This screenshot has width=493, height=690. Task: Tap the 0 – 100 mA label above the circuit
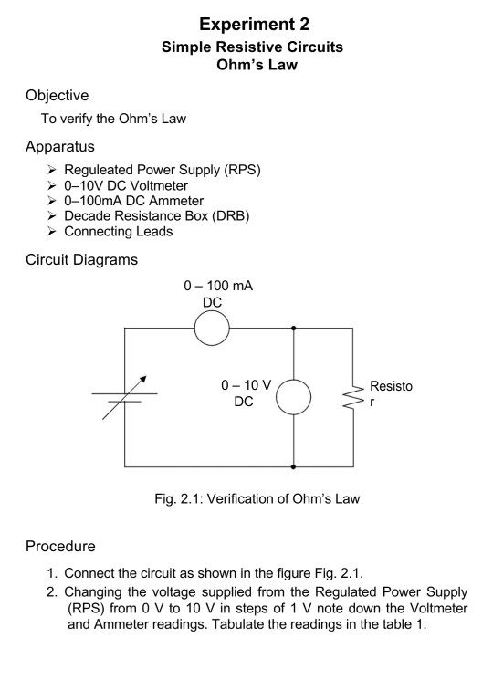pyautogui.click(x=217, y=287)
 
